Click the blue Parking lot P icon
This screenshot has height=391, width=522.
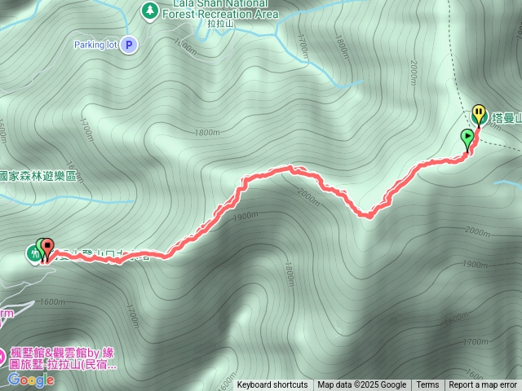129,45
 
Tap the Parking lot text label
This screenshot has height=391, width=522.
96,45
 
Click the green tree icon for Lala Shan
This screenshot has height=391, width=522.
149,9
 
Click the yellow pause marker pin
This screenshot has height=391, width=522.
480,115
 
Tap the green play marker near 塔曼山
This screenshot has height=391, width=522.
467,138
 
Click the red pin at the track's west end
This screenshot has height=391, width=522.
47,247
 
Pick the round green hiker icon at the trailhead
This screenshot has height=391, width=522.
33,254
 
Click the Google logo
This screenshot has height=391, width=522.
32,380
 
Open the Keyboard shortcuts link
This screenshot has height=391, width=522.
272,385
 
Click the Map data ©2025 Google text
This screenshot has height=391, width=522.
361,385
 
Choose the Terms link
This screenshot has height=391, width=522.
427,385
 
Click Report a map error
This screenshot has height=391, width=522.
483,385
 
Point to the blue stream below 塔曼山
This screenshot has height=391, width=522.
507,184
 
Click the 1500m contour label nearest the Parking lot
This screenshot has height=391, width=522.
185,48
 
